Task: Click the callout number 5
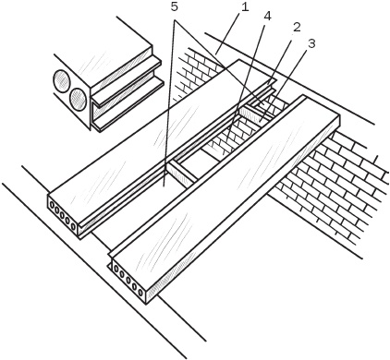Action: [175, 7]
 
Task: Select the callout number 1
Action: [244, 7]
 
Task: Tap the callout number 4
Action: [267, 17]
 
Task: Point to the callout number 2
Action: [296, 28]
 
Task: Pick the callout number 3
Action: [311, 43]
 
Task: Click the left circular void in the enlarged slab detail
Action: [62, 81]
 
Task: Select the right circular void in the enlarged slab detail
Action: [78, 100]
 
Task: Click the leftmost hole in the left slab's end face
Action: [51, 204]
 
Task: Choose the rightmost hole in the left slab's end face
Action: [73, 226]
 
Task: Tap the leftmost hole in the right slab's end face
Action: [116, 270]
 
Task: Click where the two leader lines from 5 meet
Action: [175, 21]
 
